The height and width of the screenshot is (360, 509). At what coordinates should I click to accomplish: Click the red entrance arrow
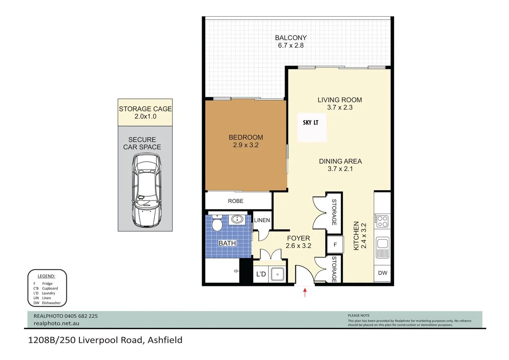click(305, 293)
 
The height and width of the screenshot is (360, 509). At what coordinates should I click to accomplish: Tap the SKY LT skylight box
click(312, 127)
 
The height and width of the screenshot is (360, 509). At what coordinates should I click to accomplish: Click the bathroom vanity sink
click(237, 219)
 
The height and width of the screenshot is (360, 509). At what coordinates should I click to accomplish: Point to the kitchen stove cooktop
click(382, 221)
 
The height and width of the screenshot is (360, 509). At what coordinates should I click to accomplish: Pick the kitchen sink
click(383, 247)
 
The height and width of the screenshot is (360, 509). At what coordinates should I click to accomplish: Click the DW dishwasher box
click(383, 273)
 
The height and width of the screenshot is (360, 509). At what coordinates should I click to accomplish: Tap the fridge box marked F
click(335, 245)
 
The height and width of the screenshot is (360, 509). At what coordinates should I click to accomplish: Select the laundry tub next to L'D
click(277, 274)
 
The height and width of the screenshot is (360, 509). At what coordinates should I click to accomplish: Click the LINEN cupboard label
click(262, 220)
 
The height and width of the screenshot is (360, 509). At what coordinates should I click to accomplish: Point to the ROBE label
click(235, 201)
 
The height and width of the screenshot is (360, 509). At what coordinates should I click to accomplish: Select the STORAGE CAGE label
click(145, 109)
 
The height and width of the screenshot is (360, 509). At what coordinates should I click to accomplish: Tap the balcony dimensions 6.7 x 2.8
click(291, 45)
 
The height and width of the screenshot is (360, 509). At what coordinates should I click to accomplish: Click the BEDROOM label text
click(245, 137)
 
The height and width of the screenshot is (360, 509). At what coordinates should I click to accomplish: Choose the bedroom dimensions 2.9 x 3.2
click(245, 145)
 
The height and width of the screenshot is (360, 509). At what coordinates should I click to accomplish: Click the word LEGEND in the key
click(46, 276)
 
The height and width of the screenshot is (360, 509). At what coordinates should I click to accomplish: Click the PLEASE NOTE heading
click(358, 315)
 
